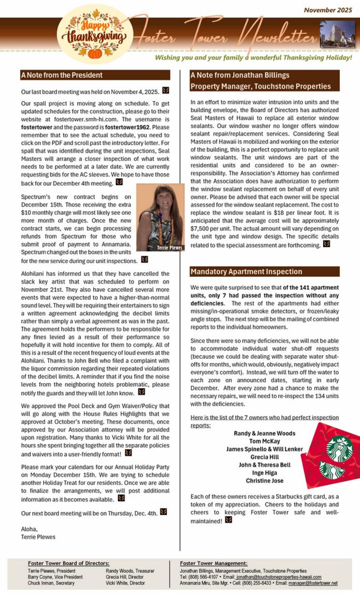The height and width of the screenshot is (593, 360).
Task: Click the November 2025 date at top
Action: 327,10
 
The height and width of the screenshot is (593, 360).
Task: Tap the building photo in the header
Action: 337,34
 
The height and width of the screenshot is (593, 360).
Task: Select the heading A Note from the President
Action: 62,75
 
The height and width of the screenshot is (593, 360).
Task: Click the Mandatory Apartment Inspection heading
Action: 246,272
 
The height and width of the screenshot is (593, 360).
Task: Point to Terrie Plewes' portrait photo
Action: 160,218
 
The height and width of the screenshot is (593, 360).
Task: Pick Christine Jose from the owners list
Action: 264,481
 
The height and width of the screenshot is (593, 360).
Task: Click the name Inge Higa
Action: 264,473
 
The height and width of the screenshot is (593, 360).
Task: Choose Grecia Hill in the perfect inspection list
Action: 264,457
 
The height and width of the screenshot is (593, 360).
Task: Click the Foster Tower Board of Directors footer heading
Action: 68,562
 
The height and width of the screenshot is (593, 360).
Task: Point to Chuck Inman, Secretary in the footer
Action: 51,583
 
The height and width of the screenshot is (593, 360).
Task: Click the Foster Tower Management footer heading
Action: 213,562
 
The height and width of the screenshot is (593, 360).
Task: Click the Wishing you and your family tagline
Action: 253,57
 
